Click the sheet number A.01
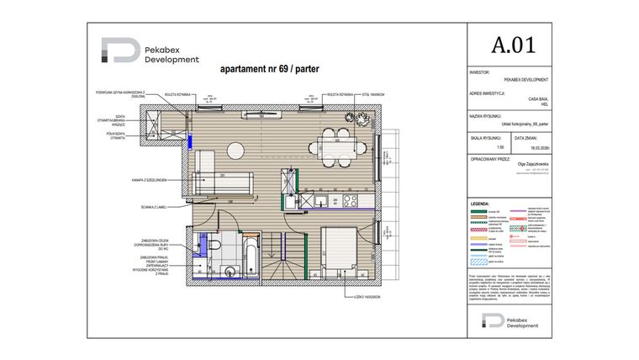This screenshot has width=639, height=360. [x=512, y=45]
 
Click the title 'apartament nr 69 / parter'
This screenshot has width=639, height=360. [x=268, y=70]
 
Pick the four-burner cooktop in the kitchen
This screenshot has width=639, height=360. [x=349, y=201]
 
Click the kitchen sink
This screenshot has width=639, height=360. [x=324, y=201]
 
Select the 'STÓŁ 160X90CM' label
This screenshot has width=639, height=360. [x=372, y=95]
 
